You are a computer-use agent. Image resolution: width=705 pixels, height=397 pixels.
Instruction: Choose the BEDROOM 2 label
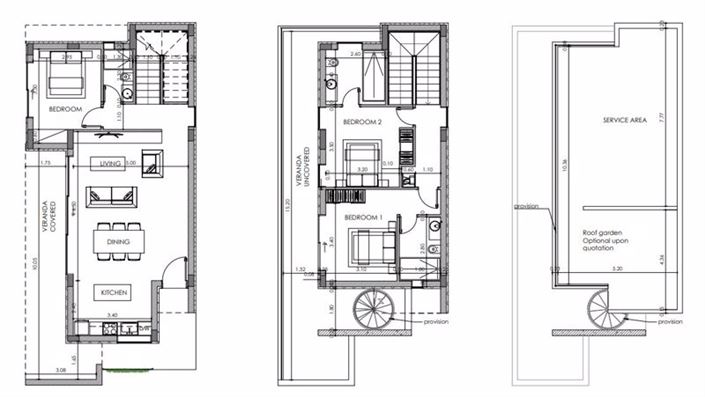[361, 122]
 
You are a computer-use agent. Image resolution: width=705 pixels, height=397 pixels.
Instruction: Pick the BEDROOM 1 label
[361, 216]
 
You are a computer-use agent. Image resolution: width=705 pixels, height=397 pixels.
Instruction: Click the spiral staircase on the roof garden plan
[604, 307]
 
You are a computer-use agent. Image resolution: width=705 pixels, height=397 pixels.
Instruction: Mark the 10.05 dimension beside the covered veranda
[34, 266]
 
